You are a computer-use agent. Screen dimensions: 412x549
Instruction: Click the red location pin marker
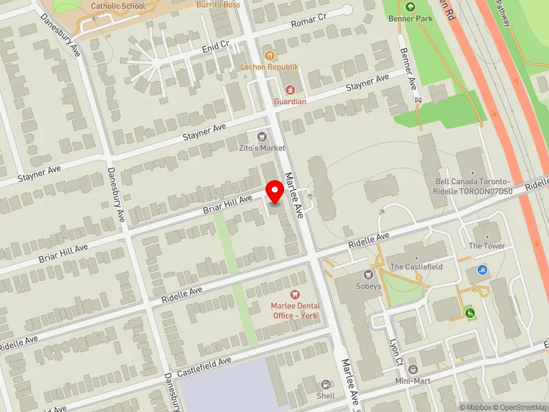[275, 192]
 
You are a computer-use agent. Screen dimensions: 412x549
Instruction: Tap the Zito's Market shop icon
[261, 137]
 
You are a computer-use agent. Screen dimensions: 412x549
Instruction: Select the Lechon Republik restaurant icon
[270, 55]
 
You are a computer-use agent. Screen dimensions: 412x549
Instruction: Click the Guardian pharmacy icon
[290, 90]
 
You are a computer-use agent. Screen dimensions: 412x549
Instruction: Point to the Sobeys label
[368, 286]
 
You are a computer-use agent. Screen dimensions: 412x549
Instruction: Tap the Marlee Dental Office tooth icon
[296, 294]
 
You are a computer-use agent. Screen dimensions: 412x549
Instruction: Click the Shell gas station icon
[325, 384]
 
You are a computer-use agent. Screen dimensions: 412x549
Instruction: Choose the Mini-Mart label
[412, 380]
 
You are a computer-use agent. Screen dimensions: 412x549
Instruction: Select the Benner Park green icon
[410, 7]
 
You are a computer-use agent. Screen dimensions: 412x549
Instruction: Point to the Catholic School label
[117, 6]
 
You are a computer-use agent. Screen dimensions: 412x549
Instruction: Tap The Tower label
[487, 246]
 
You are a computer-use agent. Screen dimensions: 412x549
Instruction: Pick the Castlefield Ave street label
[205, 369]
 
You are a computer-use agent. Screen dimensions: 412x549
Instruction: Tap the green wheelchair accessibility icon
[470, 313]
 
